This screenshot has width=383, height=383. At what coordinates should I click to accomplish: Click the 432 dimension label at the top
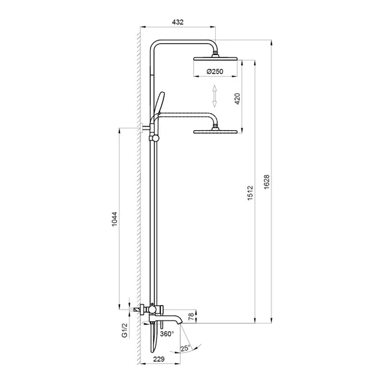click(177, 22)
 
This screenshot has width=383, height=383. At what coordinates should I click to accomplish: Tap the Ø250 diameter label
click(214, 71)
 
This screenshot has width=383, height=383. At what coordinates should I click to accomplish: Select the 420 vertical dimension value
click(237, 99)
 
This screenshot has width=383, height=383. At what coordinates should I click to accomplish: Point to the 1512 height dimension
click(250, 193)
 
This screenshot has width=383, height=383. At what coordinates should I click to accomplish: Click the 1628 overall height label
click(266, 181)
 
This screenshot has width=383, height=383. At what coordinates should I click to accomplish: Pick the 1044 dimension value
click(114, 219)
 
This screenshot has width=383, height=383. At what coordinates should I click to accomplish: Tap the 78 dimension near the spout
click(191, 317)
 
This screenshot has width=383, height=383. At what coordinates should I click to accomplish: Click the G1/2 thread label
click(124, 330)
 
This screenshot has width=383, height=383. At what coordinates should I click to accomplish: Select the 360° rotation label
click(167, 334)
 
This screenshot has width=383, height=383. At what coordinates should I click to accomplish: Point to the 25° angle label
click(185, 348)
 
